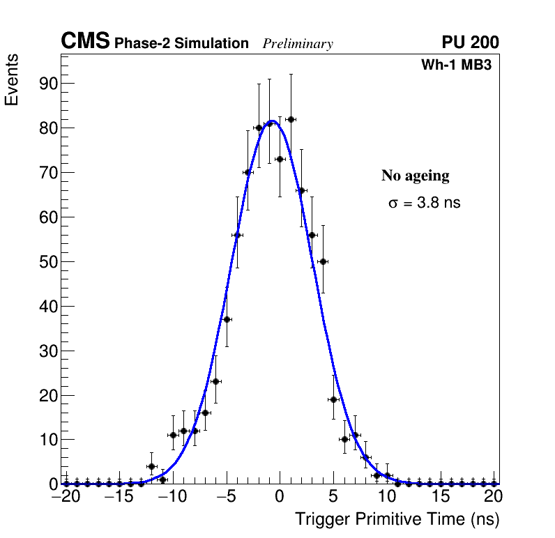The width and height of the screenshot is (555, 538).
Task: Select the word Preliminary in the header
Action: [298, 44]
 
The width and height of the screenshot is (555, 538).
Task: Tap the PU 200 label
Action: [470, 43]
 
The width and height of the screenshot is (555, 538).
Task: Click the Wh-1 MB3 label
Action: [457, 66]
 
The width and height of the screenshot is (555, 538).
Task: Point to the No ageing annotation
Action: [415, 176]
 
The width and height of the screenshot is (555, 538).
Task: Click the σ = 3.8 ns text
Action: [424, 203]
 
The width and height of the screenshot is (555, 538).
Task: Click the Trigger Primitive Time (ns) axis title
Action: [397, 520]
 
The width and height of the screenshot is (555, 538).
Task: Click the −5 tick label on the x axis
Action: [226, 497]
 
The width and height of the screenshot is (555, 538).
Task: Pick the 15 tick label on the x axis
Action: [441, 497]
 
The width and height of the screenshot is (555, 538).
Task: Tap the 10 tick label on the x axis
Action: [387, 497]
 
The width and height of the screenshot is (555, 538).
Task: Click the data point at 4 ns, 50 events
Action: [323, 261]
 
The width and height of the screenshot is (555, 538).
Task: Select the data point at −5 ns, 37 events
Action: [227, 319]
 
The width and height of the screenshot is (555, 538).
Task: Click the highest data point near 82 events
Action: [291, 120]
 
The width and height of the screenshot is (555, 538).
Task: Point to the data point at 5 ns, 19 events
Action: [333, 399]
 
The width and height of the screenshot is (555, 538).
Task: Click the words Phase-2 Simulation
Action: [181, 44]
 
